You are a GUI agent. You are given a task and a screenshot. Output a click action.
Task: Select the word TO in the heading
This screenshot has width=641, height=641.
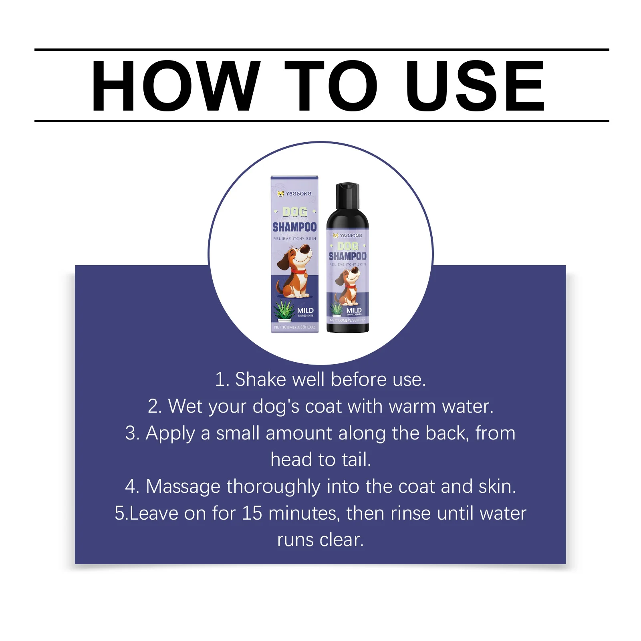pos(331,85)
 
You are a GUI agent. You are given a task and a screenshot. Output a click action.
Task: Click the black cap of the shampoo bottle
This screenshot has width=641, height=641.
pos(347,196)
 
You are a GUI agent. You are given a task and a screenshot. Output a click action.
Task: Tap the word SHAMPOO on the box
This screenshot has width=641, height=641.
pos(294,227)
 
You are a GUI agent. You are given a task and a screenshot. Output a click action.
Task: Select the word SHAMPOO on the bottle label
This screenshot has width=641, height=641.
pos(347,256)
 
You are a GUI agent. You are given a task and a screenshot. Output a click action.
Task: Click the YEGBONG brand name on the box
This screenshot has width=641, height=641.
pos(298,194)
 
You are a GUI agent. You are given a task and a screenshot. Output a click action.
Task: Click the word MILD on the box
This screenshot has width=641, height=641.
pos(305,310)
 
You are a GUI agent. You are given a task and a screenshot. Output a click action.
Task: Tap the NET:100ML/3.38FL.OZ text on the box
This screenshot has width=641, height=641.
pos(294,327)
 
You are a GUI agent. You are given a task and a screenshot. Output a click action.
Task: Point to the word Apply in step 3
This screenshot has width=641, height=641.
pos(170,433)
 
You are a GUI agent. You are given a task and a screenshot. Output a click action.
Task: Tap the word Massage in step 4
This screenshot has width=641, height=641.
pos(183,486)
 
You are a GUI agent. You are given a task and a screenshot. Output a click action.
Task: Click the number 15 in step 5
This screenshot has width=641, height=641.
pos(252,513)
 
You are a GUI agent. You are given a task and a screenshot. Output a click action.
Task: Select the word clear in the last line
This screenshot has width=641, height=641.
pos(341,540)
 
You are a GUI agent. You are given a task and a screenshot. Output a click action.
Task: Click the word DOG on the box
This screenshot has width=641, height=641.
pos(294,212)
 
